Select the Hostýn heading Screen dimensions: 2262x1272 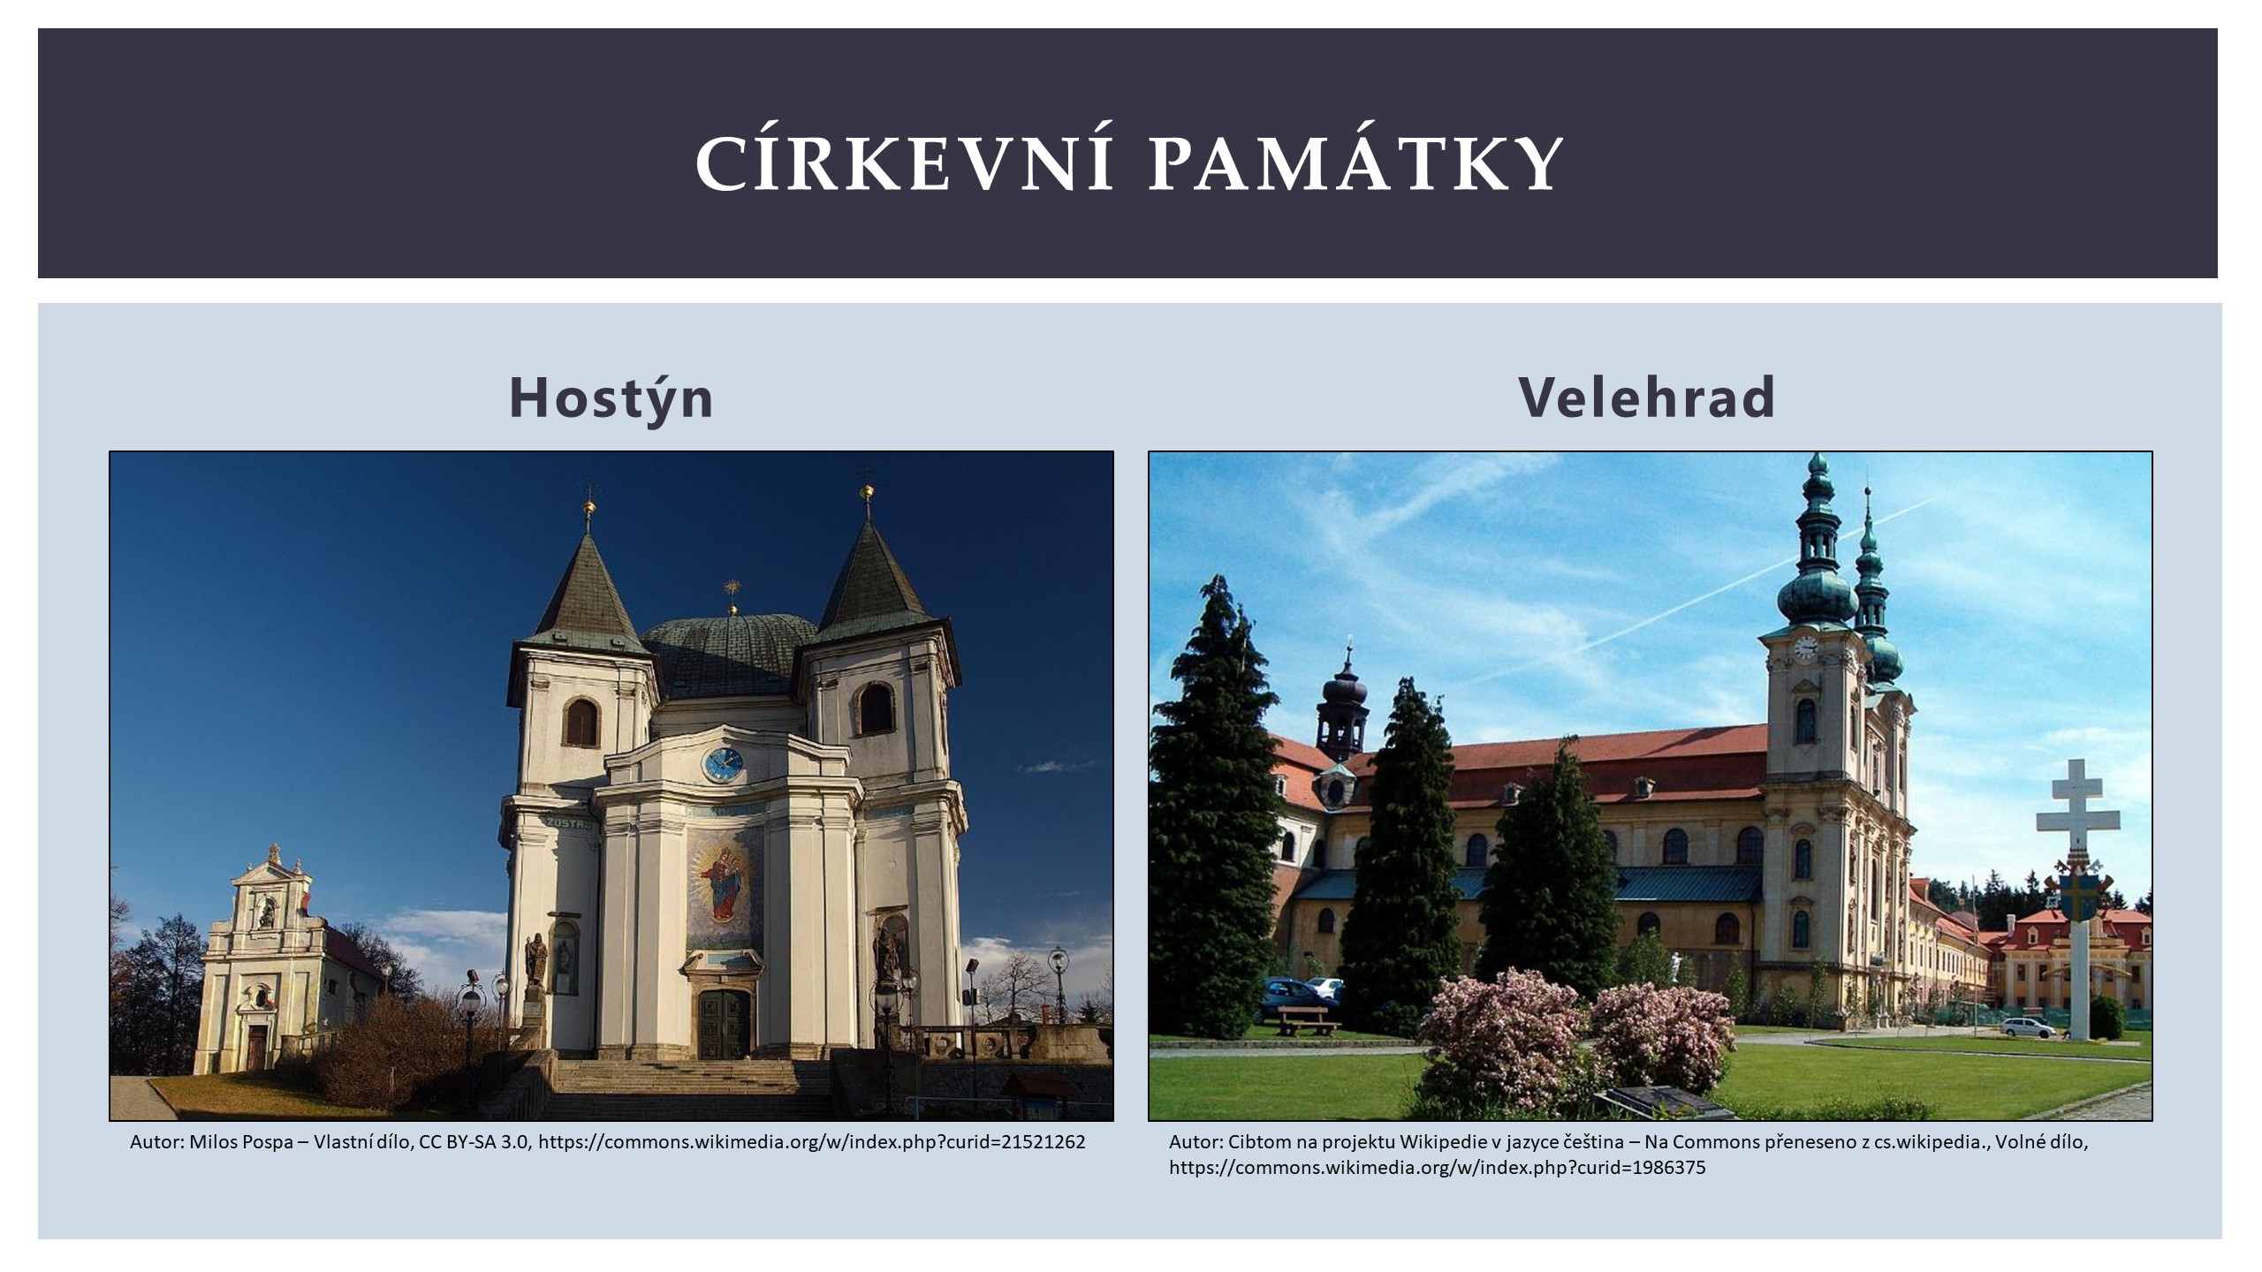coord(611,399)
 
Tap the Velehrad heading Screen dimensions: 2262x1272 coord(1647,397)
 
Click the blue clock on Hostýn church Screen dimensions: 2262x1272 coord(722,764)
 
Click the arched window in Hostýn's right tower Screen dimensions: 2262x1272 coord(875,708)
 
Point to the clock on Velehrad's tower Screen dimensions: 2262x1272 coord(1806,648)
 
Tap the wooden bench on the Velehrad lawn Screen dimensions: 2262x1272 coord(1309,1020)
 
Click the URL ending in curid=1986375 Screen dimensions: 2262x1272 coord(1438,1168)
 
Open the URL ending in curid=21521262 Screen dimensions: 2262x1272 coord(811,1142)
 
